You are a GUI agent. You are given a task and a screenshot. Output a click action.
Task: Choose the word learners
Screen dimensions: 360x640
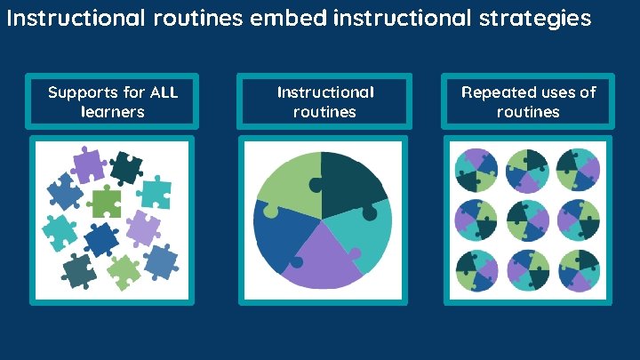(x=112, y=112)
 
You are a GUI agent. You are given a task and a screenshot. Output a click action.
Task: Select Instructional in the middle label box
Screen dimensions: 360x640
(x=325, y=92)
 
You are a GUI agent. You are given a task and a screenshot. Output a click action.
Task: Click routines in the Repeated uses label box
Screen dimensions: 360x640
(x=528, y=112)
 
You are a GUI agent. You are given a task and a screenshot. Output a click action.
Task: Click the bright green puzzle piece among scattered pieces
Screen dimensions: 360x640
(x=107, y=203)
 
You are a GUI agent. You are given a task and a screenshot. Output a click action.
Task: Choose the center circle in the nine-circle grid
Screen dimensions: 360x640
(x=528, y=218)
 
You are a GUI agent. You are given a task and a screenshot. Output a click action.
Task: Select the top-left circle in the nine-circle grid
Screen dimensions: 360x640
(x=476, y=169)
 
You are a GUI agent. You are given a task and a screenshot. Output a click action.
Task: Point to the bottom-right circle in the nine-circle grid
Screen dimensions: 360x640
(x=579, y=269)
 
